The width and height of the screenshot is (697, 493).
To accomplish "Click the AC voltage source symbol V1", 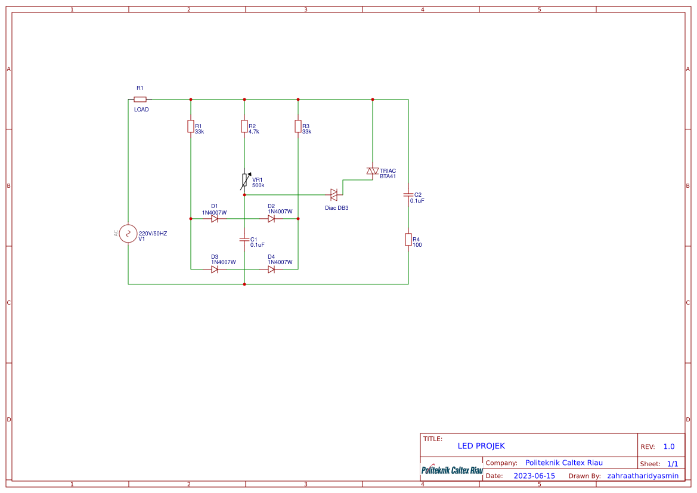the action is (128, 234).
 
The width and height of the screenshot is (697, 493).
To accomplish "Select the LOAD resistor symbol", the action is (140, 100).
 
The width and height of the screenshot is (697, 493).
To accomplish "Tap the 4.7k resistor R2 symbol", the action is (244, 126).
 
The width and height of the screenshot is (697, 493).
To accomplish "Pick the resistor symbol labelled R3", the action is (298, 126).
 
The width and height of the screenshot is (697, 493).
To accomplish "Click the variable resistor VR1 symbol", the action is (245, 181).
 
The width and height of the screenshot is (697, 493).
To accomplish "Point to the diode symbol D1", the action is (215, 219).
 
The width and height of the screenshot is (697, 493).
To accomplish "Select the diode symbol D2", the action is (271, 219).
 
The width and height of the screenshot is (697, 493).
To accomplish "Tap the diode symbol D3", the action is (215, 269).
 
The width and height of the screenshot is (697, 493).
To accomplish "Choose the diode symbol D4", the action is (271, 269).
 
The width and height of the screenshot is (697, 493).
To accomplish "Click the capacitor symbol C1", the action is (244, 240).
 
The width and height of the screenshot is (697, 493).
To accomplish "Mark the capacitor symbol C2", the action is (408, 195).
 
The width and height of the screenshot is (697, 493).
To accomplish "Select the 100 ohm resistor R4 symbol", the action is (408, 240).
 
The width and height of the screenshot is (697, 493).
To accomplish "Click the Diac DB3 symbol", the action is (334, 195).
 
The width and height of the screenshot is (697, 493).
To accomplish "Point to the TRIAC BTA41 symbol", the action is (373, 171).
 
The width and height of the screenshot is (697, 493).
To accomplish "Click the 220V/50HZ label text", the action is (153, 234).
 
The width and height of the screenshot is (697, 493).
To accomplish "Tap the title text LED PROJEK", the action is (481, 446).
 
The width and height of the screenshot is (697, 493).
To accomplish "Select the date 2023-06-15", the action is (534, 476).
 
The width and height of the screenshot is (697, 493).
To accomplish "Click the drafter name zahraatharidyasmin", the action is (643, 476).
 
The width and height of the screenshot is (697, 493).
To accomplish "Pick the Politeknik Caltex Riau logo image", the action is (452, 469).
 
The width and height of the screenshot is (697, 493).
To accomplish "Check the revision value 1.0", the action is (669, 447).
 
